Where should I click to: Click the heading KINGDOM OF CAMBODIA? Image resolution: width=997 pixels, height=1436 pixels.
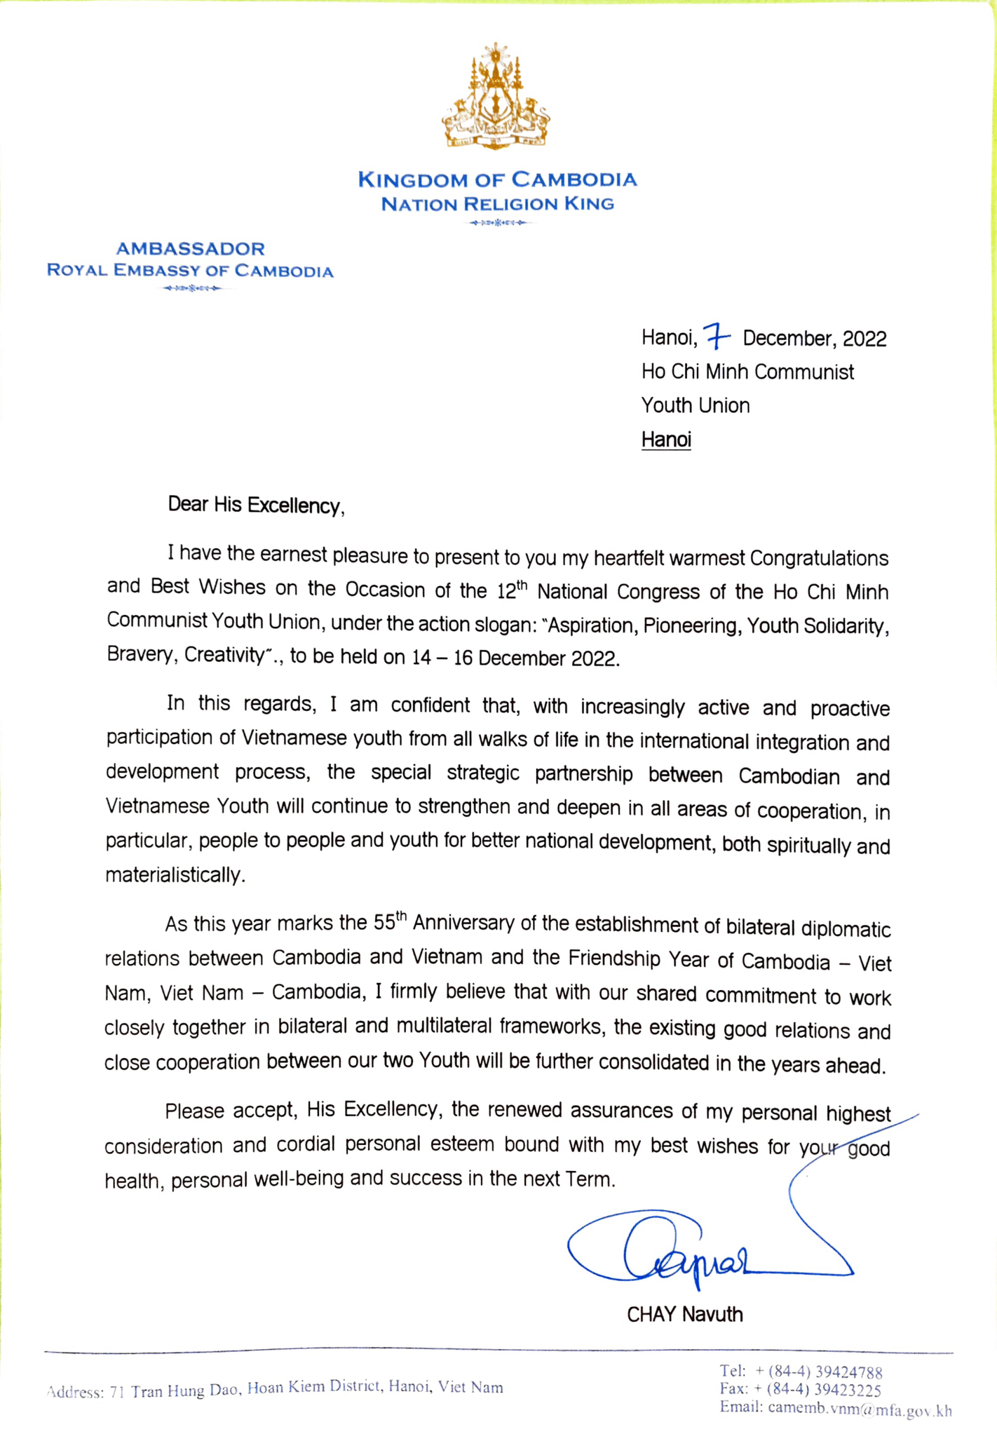point(497,179)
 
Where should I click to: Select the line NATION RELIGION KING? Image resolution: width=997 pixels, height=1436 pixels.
point(497,204)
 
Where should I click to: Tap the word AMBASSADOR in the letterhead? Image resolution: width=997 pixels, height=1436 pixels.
point(191,248)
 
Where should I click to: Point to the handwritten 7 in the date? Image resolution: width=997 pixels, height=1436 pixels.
point(716,337)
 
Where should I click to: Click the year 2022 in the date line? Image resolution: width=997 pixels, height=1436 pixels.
point(864,339)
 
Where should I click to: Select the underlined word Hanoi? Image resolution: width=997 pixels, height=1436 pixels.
point(666,440)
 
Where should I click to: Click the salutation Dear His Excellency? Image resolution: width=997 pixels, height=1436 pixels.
point(256,506)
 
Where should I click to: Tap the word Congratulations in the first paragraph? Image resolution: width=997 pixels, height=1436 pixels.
point(819,558)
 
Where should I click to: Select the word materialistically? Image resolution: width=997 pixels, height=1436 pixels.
point(175,875)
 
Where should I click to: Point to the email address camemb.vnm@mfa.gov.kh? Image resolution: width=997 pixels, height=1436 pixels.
point(860,1409)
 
